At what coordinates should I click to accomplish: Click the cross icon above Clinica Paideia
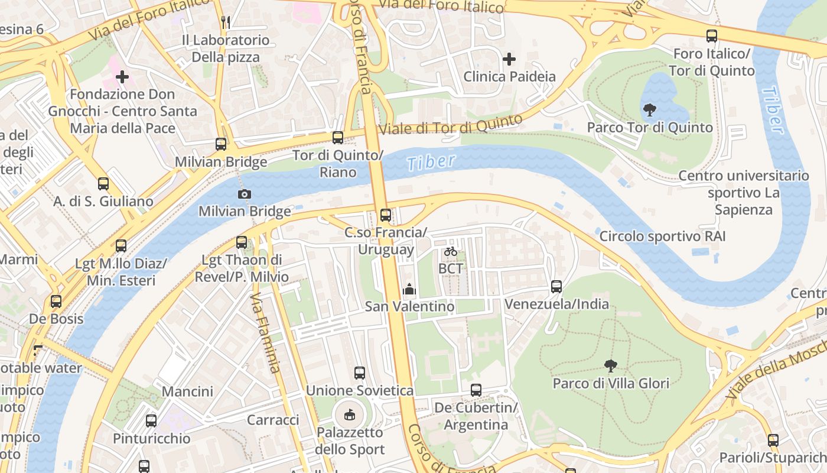(509, 59)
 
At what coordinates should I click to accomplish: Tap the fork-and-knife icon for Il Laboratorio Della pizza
(225, 22)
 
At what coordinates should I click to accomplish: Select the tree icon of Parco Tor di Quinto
(649, 109)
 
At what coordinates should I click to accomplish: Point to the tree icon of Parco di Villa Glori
(611, 366)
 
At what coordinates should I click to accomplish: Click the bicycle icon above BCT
(451, 251)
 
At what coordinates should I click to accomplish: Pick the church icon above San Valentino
(409, 289)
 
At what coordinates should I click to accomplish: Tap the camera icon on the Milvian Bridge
(244, 194)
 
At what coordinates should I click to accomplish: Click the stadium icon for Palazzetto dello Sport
(350, 414)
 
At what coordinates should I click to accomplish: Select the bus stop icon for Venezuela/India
(556, 287)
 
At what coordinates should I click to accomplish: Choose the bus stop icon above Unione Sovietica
(359, 373)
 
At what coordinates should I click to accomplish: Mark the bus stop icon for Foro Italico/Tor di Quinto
(712, 36)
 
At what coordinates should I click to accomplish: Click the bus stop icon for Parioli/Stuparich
(773, 440)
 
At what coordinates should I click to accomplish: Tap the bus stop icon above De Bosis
(56, 302)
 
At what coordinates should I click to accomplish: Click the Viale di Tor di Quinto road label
(450, 125)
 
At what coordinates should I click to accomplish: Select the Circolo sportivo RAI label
(662, 237)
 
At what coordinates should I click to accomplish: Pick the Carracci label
(273, 420)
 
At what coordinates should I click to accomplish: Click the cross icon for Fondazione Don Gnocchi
(122, 77)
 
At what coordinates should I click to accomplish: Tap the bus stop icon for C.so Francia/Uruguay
(386, 215)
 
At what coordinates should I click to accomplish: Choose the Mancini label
(187, 391)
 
